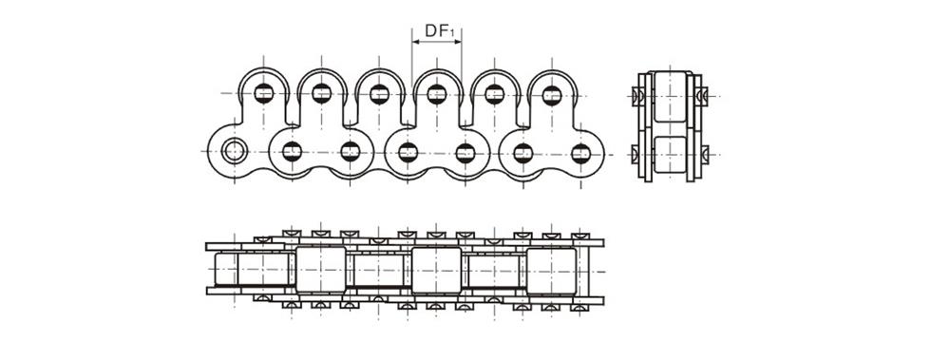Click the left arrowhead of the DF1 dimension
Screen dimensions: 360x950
coord(415,42)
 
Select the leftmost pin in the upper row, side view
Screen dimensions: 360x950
coord(264,93)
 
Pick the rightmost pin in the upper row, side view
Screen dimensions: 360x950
coord(552,94)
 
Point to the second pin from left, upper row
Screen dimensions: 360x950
coord(322,93)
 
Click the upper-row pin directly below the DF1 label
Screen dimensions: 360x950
coord(437,94)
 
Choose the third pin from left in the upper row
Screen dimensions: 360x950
coord(379,94)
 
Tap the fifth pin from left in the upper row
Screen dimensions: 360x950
coord(495,94)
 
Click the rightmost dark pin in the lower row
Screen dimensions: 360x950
coord(580,152)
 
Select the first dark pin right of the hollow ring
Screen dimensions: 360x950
coord(292,151)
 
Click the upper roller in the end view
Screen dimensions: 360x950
coord(671,96)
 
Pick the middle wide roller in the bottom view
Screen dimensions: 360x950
coord(436,270)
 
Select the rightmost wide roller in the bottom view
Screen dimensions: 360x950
coord(551,270)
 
